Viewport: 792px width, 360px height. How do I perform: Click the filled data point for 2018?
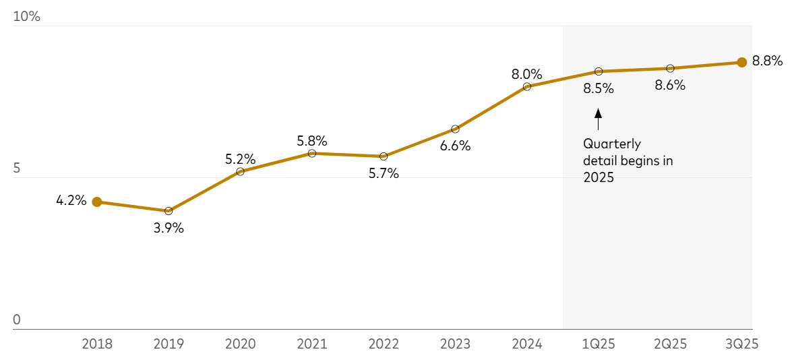coord(97,202)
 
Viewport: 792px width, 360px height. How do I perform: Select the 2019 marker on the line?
coord(169,211)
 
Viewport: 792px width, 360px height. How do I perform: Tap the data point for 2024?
coord(527,86)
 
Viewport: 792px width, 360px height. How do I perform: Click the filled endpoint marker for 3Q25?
coord(741,62)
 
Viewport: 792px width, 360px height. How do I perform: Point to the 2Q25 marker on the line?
coord(670,68)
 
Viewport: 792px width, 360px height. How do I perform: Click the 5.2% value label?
coord(240,160)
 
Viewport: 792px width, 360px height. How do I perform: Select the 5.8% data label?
coord(311,142)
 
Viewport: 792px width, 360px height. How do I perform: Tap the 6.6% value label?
coord(455,146)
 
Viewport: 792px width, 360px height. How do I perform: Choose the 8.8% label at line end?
coord(767,61)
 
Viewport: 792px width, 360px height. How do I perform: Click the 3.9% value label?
coord(169,229)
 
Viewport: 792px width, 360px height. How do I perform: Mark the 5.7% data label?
coord(384,174)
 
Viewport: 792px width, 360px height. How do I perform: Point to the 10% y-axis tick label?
coord(27,17)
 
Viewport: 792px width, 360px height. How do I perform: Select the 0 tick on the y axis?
coord(17,320)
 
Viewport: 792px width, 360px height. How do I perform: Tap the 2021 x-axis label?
coord(311,344)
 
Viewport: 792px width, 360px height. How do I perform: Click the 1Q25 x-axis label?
coord(599,344)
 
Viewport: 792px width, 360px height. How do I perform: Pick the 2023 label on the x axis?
coord(455,344)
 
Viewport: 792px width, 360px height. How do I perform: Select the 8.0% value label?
coord(527,74)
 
